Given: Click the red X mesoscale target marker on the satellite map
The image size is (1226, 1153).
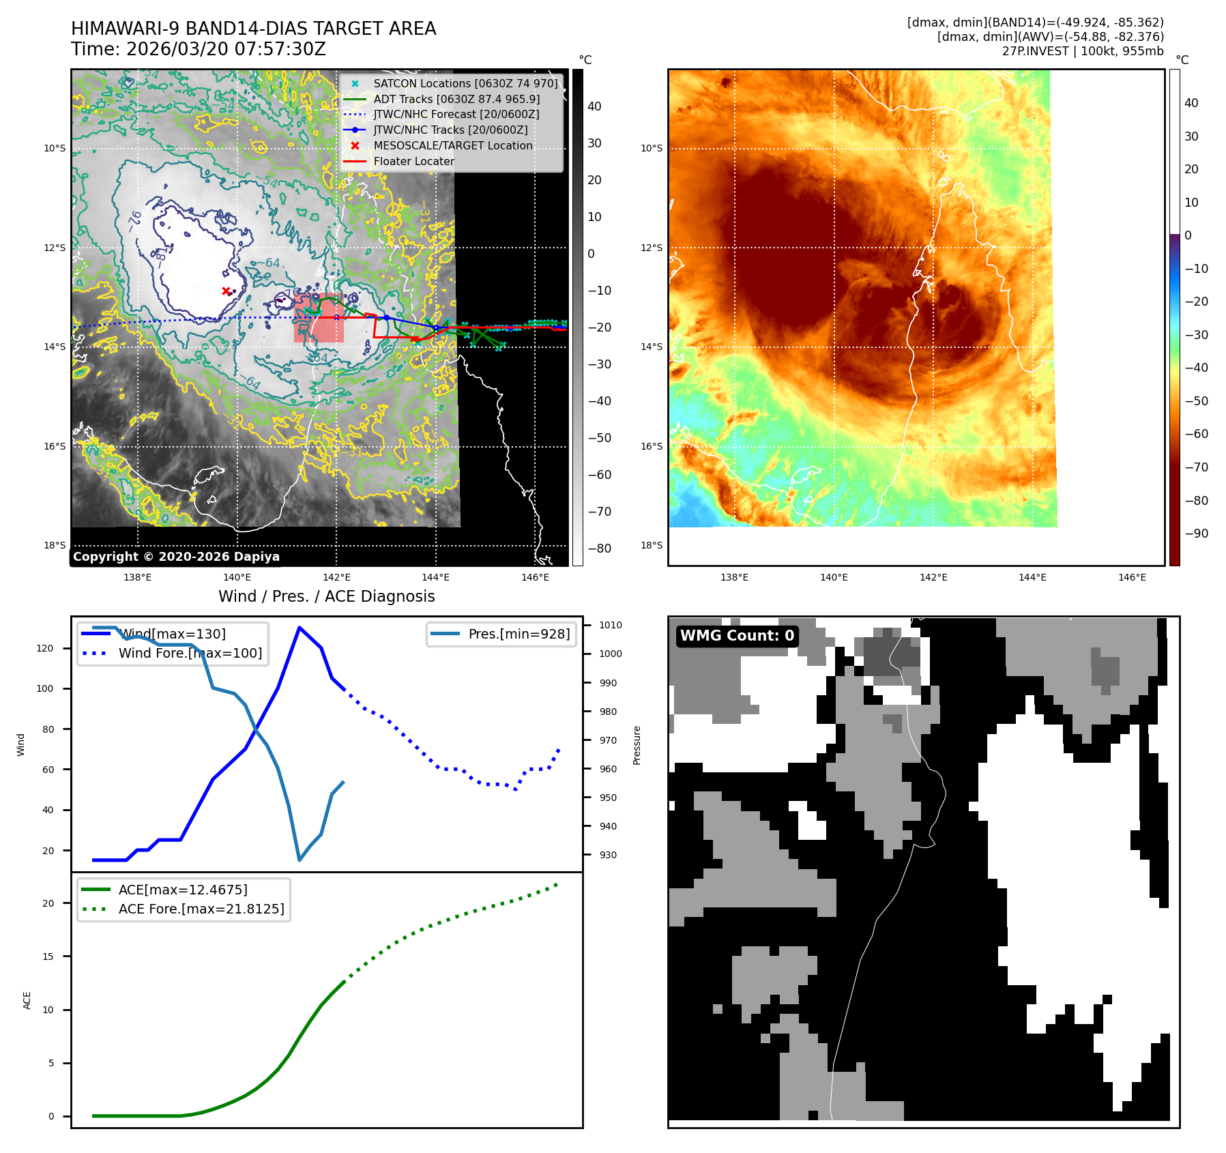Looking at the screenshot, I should (226, 291).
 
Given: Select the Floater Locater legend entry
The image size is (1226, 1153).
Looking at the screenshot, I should (413, 161).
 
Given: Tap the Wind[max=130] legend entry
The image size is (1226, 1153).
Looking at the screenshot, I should (172, 634).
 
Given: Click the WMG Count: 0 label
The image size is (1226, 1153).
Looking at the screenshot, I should (737, 636).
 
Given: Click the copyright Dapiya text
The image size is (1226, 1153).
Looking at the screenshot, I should (176, 557).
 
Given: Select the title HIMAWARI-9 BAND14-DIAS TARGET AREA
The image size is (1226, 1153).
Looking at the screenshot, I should (253, 29).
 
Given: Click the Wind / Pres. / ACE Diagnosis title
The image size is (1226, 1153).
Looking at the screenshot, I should (326, 596).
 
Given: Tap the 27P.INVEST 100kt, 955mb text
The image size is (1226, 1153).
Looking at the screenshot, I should (1083, 51).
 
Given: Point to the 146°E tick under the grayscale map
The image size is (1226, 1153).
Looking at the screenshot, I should (535, 577).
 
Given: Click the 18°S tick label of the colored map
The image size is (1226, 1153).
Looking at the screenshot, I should (652, 545).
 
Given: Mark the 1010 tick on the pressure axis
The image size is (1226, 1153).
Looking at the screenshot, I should (610, 625).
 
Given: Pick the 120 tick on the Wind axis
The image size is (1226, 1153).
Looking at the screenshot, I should (45, 648).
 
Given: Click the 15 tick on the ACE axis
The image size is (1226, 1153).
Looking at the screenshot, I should (48, 957).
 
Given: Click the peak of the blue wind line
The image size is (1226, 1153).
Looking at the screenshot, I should (299, 627).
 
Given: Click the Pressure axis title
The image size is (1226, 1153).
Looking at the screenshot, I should (637, 745).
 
